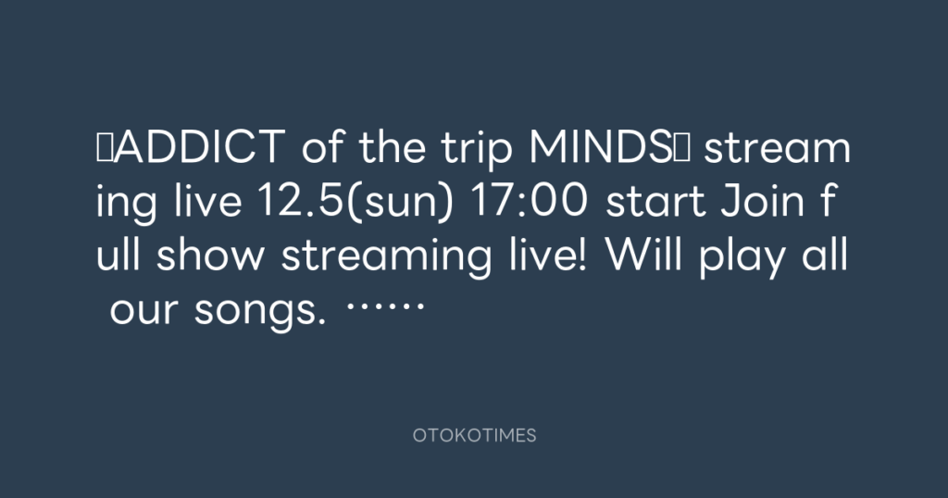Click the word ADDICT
click(x=199, y=147)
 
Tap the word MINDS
click(x=600, y=147)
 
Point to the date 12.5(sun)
click(x=355, y=201)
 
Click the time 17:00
click(x=528, y=201)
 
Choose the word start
click(x=655, y=202)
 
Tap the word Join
click(x=763, y=200)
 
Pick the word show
click(x=210, y=255)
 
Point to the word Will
click(x=643, y=255)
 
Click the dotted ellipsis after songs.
click(x=385, y=305)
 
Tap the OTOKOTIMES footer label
click(x=475, y=435)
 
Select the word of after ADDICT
click(x=323, y=147)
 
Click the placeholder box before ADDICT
click(x=104, y=147)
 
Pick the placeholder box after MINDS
click(x=680, y=147)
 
